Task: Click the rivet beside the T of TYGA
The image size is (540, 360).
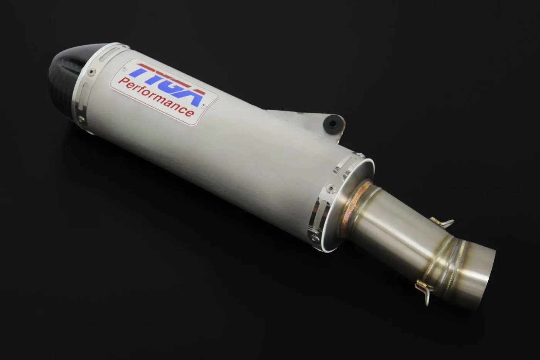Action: pos(124,69)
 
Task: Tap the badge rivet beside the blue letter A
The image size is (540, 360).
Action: pos(204,105)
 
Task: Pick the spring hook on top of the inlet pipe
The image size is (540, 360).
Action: pos(442,222)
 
